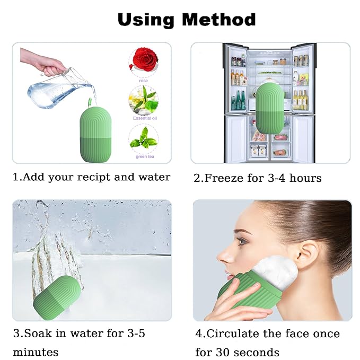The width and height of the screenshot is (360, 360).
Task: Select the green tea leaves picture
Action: pos(143,139)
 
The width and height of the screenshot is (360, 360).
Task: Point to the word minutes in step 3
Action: pos(36,352)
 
